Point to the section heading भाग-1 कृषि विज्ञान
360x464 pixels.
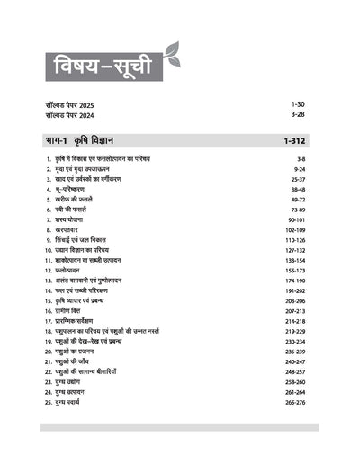tap(86, 140)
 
